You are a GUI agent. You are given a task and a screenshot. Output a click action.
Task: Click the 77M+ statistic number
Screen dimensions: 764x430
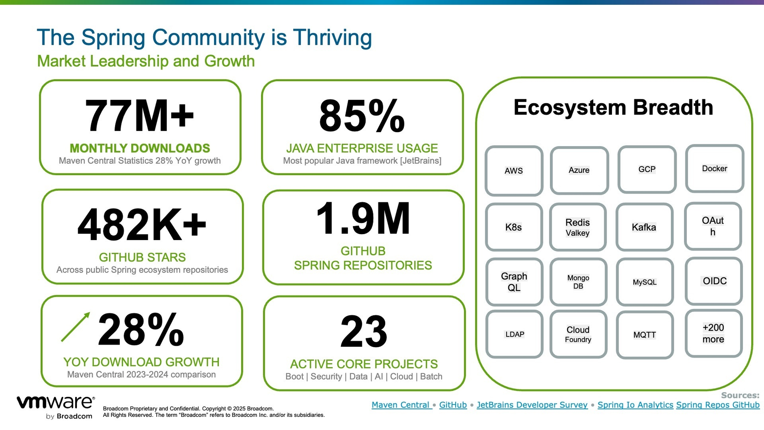pyautogui.click(x=139, y=116)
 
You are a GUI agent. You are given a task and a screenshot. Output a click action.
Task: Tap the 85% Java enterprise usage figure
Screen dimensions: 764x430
pyautogui.click(x=362, y=116)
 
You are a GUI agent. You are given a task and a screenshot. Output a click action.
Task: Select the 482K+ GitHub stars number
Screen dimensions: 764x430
pyautogui.click(x=142, y=225)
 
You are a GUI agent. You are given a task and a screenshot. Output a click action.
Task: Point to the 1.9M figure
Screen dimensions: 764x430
pyautogui.click(x=363, y=218)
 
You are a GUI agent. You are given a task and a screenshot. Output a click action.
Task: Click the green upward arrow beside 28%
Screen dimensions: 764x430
pyautogui.click(x=76, y=327)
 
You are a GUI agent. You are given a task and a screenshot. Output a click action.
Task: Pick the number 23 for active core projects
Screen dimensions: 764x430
pyautogui.click(x=364, y=331)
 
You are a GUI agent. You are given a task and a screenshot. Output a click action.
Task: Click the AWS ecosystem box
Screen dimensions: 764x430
pyautogui.click(x=514, y=171)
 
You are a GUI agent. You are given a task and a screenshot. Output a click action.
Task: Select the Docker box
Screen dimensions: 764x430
pyautogui.click(x=715, y=169)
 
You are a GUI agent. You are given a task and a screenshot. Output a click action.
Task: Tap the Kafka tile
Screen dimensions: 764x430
pyautogui.click(x=644, y=227)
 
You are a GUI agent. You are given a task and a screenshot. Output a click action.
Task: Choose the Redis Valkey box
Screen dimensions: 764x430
pyautogui.click(x=578, y=227)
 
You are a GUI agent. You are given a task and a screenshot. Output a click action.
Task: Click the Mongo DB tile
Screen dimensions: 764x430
pyautogui.click(x=578, y=282)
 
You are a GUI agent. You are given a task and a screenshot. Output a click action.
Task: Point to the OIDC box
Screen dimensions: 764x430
pyautogui.click(x=714, y=281)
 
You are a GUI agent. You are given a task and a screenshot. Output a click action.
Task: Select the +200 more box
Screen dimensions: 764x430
pyautogui.click(x=713, y=333)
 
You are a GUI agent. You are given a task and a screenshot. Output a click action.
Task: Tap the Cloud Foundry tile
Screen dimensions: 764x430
pyautogui.click(x=578, y=334)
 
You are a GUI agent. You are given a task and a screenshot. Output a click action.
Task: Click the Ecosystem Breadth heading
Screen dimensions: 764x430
pyautogui.click(x=613, y=107)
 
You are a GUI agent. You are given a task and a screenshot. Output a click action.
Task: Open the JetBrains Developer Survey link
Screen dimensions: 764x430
pyautogui.click(x=532, y=405)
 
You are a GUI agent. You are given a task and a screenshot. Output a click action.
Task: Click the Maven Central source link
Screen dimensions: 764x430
pyautogui.click(x=401, y=405)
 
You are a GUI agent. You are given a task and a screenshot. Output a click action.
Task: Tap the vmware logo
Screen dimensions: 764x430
pyautogui.click(x=56, y=407)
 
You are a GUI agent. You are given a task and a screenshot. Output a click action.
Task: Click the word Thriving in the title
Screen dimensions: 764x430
pyautogui.click(x=333, y=38)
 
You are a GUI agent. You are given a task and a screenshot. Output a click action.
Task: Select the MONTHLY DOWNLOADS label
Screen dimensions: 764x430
pyautogui.click(x=140, y=148)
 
